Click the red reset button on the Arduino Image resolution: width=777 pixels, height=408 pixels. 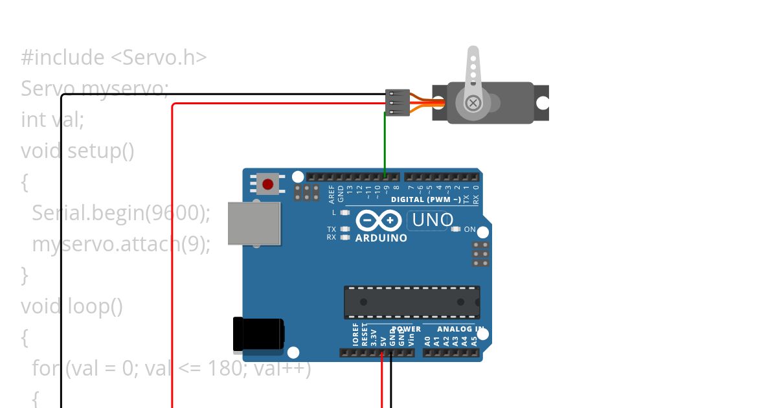(267, 185)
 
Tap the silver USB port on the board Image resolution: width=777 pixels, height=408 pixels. (254, 223)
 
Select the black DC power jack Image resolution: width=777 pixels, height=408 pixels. (259, 334)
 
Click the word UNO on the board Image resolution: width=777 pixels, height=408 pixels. (432, 220)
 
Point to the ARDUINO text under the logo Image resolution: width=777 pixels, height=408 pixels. (381, 238)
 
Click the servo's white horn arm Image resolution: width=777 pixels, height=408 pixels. (473, 68)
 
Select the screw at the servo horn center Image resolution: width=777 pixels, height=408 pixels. (473, 102)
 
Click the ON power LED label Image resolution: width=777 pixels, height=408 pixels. (469, 229)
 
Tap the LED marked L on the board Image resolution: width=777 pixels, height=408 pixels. (345, 212)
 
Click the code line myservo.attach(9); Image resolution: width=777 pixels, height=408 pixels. (121, 244)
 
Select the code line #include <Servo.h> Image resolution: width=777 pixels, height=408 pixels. (114, 58)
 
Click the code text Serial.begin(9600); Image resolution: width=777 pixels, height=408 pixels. (121, 213)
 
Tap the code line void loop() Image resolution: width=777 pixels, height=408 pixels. (72, 306)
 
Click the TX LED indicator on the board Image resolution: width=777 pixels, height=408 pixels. (345, 229)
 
